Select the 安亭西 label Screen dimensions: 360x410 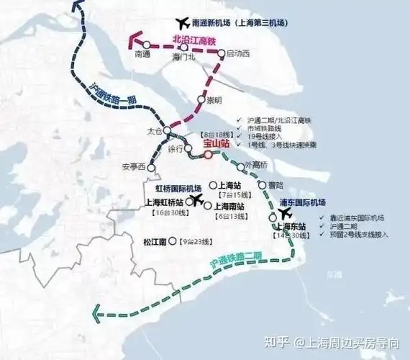click(133, 168)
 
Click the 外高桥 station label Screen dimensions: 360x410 click(256, 165)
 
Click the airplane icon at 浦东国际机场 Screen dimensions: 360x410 click(285, 214)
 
